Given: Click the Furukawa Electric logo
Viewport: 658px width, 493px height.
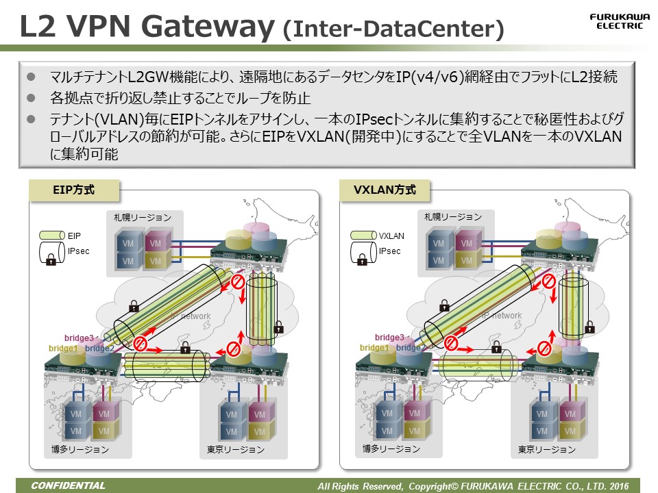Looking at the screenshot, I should (616, 21).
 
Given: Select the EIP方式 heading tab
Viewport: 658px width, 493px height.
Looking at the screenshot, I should (75, 190).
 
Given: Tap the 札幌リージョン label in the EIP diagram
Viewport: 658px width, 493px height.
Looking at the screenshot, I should (143, 217).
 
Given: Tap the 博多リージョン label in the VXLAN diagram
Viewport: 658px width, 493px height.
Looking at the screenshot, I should (391, 449).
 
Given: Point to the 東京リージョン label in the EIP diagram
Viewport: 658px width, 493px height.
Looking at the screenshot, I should (235, 450).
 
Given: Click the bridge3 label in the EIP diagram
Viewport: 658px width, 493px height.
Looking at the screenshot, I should (79, 338).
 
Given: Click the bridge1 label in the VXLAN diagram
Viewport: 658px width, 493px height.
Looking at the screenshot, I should (374, 348).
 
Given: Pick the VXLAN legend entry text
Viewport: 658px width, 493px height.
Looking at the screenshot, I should (391, 236).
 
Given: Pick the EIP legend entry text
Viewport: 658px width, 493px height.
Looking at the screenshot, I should (74, 236).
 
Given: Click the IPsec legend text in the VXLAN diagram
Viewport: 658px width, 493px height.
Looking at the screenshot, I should (389, 251).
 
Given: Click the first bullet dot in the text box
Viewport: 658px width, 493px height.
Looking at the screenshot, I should (31, 75).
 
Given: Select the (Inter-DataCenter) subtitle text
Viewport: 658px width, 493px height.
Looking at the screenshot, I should (393, 29).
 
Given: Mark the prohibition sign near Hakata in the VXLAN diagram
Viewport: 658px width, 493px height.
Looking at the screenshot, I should (450, 342).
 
